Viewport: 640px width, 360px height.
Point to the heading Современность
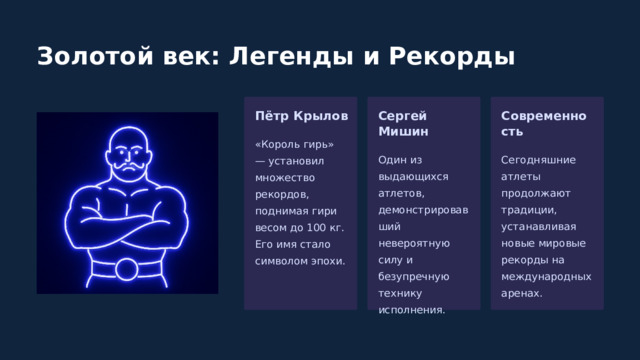click(537, 123)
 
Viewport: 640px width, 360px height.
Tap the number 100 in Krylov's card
click(315, 227)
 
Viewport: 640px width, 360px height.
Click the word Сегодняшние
click(538, 160)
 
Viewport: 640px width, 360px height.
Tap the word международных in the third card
click(545, 277)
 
